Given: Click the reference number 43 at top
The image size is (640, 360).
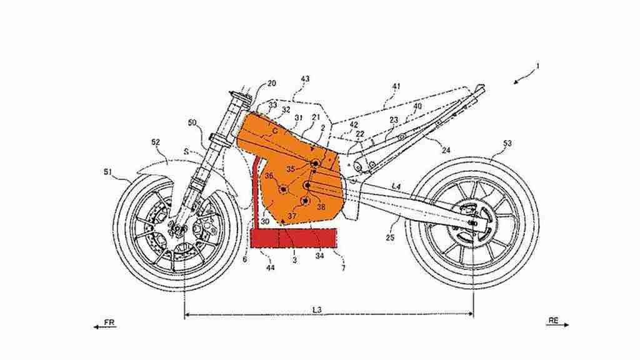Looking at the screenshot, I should point(305,79).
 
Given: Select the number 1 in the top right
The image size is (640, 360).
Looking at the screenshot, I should point(539,66).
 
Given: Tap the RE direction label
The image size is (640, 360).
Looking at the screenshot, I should point(553,320).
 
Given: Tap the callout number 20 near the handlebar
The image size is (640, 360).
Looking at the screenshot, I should point(271,82).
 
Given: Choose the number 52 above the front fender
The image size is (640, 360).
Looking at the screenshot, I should point(155,142).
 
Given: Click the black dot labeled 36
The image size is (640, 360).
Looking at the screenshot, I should point(282,188).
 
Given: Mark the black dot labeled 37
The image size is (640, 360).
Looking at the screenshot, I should point(305,201).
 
